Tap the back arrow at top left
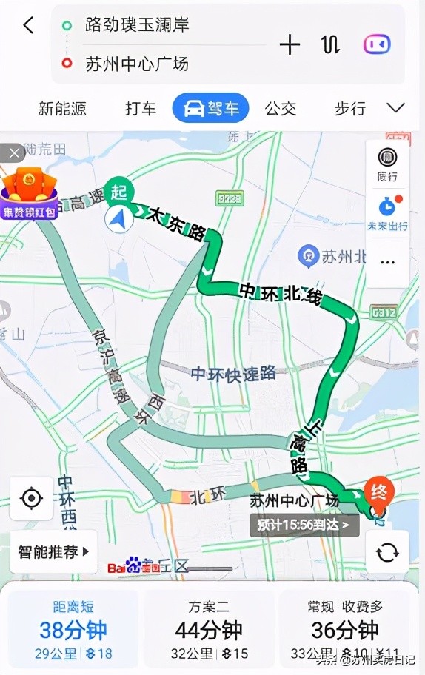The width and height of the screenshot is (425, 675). (28, 25)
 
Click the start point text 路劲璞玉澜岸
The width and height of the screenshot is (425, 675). (137, 24)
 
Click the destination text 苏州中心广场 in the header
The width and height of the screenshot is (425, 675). (137, 64)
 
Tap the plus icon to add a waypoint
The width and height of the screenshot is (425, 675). (290, 44)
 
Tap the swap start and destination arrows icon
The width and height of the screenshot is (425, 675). (330, 44)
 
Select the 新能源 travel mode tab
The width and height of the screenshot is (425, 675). (62, 109)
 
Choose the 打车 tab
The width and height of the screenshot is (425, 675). (141, 109)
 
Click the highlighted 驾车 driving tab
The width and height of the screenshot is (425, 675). (210, 109)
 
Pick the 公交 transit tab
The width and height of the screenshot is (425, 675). (281, 109)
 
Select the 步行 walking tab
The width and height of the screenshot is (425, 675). (349, 109)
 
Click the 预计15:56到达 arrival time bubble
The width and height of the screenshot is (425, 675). (304, 525)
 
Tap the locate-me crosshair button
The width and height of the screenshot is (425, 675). (32, 498)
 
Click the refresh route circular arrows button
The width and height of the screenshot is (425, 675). (387, 551)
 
